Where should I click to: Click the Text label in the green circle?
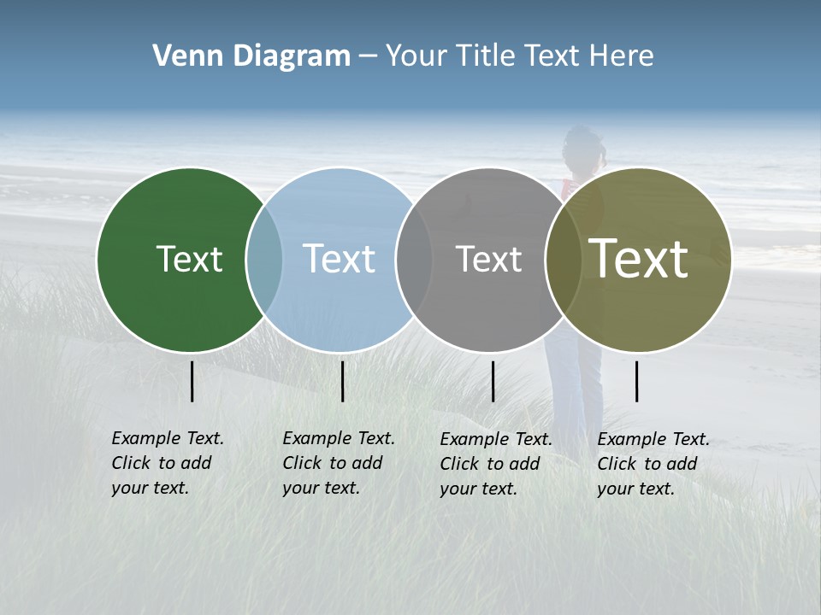point(189,259)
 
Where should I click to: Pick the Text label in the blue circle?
point(339,259)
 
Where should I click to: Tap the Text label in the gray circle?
point(488,259)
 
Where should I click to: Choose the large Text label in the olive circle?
point(638,259)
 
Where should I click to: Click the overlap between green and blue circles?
point(264,260)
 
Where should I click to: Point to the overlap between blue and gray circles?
point(414,260)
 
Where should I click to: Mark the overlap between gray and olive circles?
point(564,260)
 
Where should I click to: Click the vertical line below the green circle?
point(192,381)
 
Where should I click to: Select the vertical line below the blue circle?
point(342,381)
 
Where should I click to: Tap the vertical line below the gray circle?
point(493,381)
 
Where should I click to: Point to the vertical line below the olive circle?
point(637,381)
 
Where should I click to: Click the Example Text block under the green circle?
point(167,463)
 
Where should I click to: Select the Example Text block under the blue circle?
point(338,463)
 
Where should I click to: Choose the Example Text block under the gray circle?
point(495,464)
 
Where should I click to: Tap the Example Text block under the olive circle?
point(653,464)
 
